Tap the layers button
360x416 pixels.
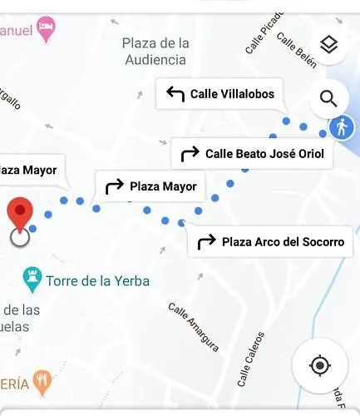(x=328, y=46)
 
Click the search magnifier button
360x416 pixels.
(x=328, y=100)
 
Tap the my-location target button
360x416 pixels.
(x=319, y=364)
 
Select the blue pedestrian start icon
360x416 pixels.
(x=341, y=127)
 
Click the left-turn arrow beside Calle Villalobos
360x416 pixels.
(x=175, y=94)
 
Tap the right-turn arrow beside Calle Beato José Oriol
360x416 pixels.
(x=190, y=153)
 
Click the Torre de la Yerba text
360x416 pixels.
(x=98, y=281)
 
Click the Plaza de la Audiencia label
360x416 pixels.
(x=155, y=51)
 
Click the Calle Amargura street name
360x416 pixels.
(x=194, y=326)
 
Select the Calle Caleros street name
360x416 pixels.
(x=250, y=359)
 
